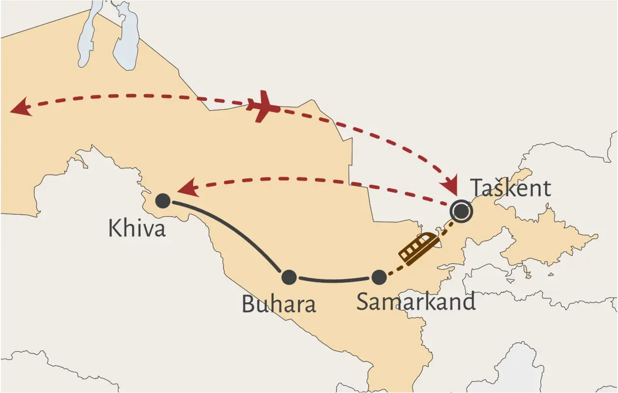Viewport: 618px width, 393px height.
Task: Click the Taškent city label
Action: (510, 188)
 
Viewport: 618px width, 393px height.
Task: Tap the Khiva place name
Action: (137, 228)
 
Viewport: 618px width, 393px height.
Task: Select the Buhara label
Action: (278, 305)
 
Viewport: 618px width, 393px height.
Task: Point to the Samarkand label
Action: (416, 301)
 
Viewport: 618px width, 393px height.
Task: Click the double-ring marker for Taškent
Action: (461, 211)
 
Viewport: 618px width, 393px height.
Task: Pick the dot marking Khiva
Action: (163, 200)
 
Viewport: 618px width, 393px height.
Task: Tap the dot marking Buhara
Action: (289, 278)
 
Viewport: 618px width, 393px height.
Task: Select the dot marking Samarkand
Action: (379, 278)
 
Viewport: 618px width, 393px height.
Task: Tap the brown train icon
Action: (418, 248)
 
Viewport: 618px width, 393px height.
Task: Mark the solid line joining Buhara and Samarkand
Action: (334, 281)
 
